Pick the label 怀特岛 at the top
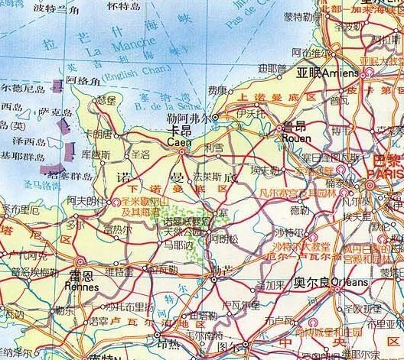123,5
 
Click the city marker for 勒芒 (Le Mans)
215,281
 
